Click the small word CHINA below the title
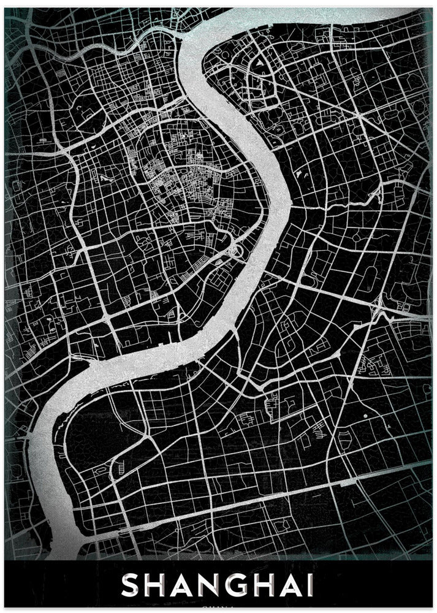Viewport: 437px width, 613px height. point(219,608)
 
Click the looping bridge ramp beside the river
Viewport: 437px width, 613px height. point(235,249)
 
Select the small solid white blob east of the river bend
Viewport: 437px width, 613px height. point(300,175)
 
